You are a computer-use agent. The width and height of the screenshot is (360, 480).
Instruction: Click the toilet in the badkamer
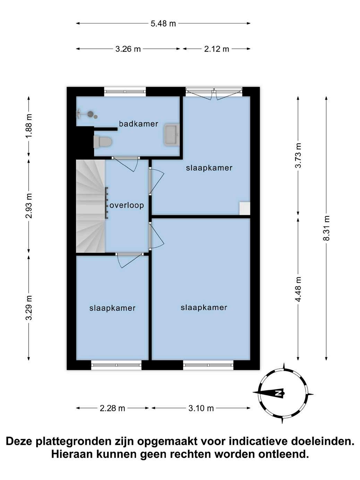coord(103,142)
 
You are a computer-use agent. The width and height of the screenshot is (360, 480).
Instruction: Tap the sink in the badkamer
coord(172,135)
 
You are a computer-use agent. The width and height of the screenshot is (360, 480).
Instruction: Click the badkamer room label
coord(138,124)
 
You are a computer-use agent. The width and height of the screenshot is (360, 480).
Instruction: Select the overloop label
coord(127,205)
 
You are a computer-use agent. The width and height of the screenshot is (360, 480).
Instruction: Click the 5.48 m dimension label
coord(163,23)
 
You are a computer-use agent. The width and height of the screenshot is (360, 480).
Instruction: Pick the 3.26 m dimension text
coord(128,49)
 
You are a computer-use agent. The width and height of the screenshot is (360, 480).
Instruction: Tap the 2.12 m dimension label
coord(217,49)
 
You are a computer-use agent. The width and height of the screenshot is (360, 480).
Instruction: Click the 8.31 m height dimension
coord(326,228)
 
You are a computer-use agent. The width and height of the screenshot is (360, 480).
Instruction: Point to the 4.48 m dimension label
coord(298,289)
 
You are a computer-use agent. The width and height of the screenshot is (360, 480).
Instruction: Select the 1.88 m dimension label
coord(29,126)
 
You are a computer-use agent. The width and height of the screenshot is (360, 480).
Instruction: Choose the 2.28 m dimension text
coord(112,408)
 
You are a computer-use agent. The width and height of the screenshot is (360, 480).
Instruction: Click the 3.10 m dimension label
coord(201,408)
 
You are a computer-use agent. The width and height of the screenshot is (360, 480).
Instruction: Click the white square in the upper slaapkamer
coord(245,208)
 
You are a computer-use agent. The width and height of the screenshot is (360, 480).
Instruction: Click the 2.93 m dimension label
coord(29,206)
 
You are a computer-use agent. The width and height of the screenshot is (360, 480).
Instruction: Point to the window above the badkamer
coord(125,92)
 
